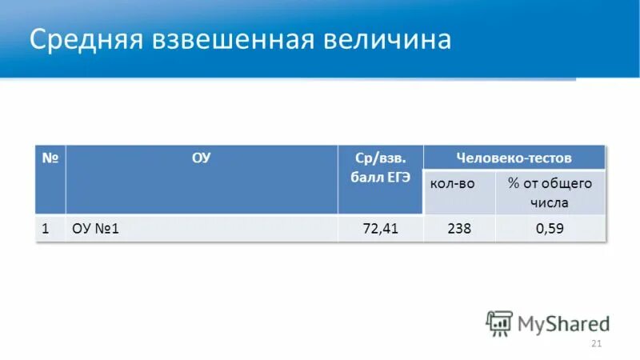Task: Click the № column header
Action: point(50,158)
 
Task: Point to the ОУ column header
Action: point(201,158)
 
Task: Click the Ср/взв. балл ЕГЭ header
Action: point(380,167)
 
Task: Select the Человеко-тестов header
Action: point(514,157)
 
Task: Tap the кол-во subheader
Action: point(453,184)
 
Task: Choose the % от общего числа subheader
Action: point(550,193)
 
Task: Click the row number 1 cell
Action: point(46,229)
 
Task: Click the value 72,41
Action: point(381,229)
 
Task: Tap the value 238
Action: point(459,229)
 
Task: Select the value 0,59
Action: point(550,229)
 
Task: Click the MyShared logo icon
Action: point(499,322)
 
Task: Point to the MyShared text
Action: point(563,323)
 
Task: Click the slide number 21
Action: point(595,344)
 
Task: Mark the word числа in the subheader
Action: point(549,202)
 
